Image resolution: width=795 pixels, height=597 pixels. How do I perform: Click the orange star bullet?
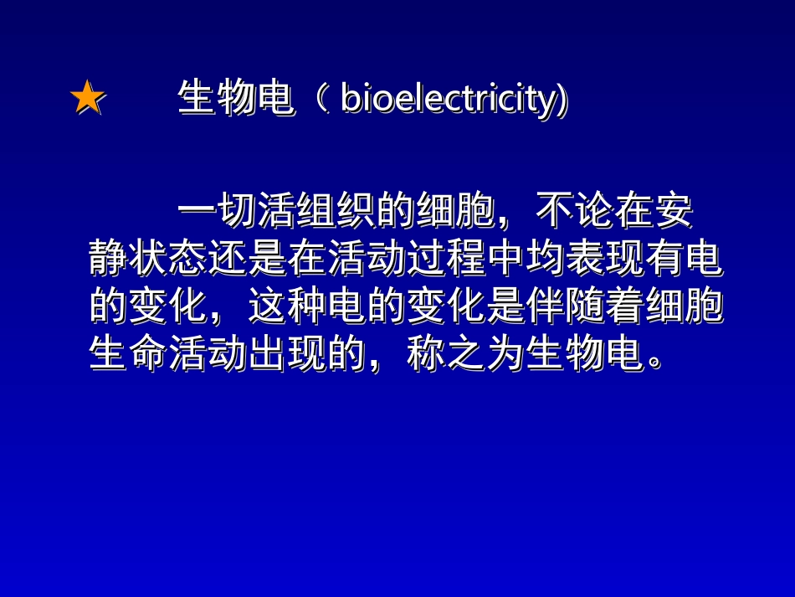(x=87, y=99)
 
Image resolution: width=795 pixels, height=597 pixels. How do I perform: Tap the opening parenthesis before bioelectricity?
(x=320, y=100)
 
